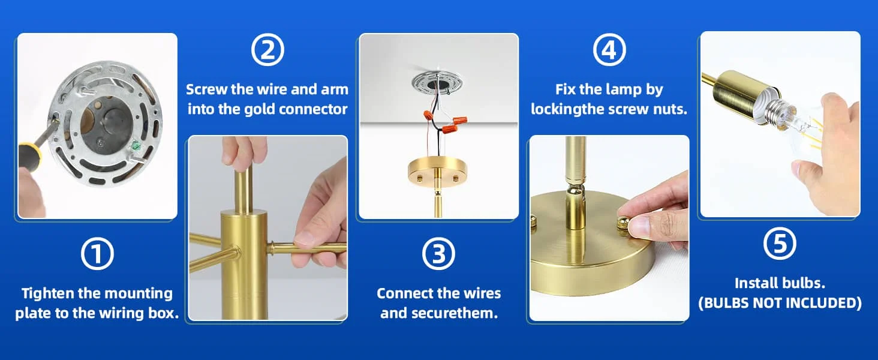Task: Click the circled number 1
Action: coord(97,254)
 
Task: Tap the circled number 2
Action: coord(267,50)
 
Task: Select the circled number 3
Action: coord(438,254)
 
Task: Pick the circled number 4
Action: coord(609,50)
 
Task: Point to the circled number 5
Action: coord(780,243)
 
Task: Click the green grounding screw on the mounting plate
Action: coord(137,145)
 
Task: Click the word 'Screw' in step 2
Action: coord(206,89)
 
